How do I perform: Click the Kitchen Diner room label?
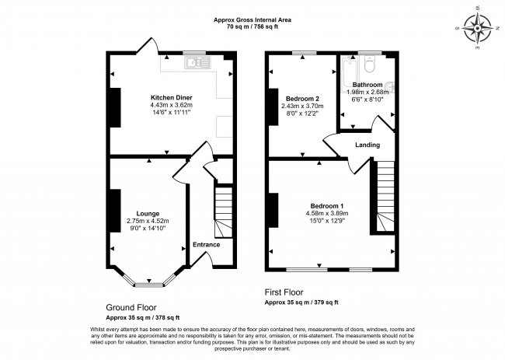172,98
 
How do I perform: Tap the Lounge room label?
148,214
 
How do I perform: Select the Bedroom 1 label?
327,206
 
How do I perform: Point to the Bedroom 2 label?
302,99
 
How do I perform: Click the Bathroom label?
367,85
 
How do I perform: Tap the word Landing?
367,145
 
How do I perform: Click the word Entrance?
207,245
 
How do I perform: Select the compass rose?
477,28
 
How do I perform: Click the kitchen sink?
198,62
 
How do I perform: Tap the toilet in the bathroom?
369,64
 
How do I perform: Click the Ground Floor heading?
131,307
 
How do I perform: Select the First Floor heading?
284,292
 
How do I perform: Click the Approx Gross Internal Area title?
252,20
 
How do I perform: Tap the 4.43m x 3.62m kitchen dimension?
172,105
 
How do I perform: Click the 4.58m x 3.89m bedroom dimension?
327,213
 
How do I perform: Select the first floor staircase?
385,196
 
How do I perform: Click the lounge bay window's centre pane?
149,285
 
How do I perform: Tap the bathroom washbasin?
390,87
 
